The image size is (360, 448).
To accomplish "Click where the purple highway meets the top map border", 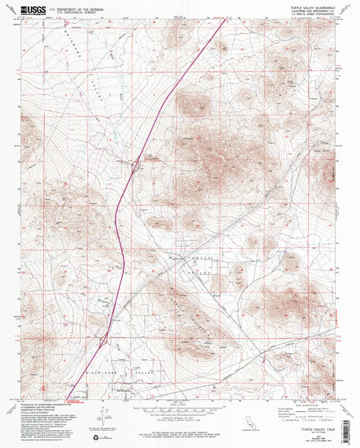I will coord(225,18).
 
